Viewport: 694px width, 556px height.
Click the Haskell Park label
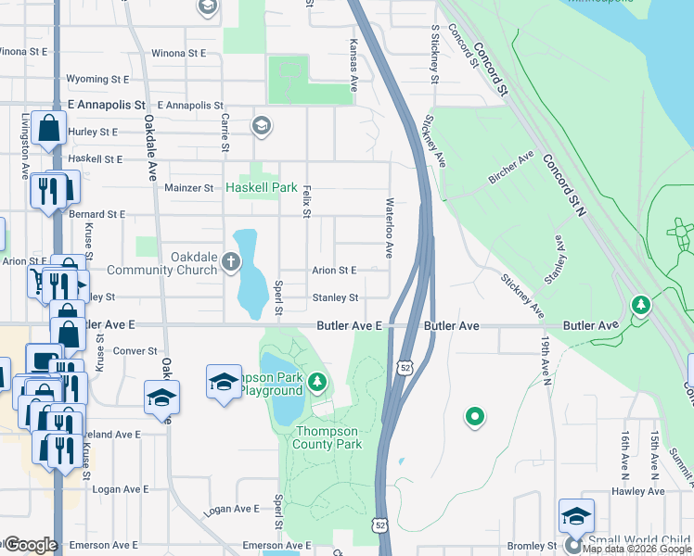[x=262, y=187]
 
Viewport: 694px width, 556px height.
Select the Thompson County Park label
[x=328, y=437]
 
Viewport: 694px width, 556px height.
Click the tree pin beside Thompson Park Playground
[x=317, y=381]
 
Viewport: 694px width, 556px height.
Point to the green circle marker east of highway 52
[x=475, y=417]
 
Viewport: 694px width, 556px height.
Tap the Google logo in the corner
[x=30, y=545]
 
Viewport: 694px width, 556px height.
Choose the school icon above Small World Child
[x=575, y=515]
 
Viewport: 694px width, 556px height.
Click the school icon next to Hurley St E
[x=261, y=125]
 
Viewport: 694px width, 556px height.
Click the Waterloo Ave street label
[x=390, y=228]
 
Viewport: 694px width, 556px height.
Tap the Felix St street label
[x=305, y=201]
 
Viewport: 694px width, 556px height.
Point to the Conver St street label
[x=135, y=351]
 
